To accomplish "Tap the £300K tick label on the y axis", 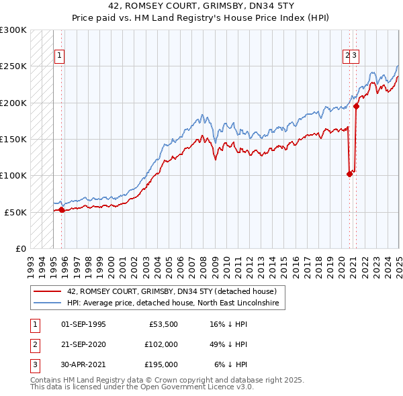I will tap(13, 30).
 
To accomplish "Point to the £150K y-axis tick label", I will tap(13, 139).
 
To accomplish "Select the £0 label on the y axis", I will tap(21, 248).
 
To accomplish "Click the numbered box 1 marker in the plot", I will tap(60, 56).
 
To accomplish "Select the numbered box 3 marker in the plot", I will tap(354, 56).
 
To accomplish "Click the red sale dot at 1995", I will tap(62, 209).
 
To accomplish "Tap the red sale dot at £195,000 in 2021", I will tap(357, 106).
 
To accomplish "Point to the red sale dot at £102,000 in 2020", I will tap(349, 174).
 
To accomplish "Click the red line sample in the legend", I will tap(47, 291).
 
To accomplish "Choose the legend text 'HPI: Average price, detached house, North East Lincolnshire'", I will tap(177, 303).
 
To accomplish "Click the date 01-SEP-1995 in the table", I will tap(83, 324).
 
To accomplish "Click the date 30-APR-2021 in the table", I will tap(83, 364).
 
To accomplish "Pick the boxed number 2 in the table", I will tap(34, 344).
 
